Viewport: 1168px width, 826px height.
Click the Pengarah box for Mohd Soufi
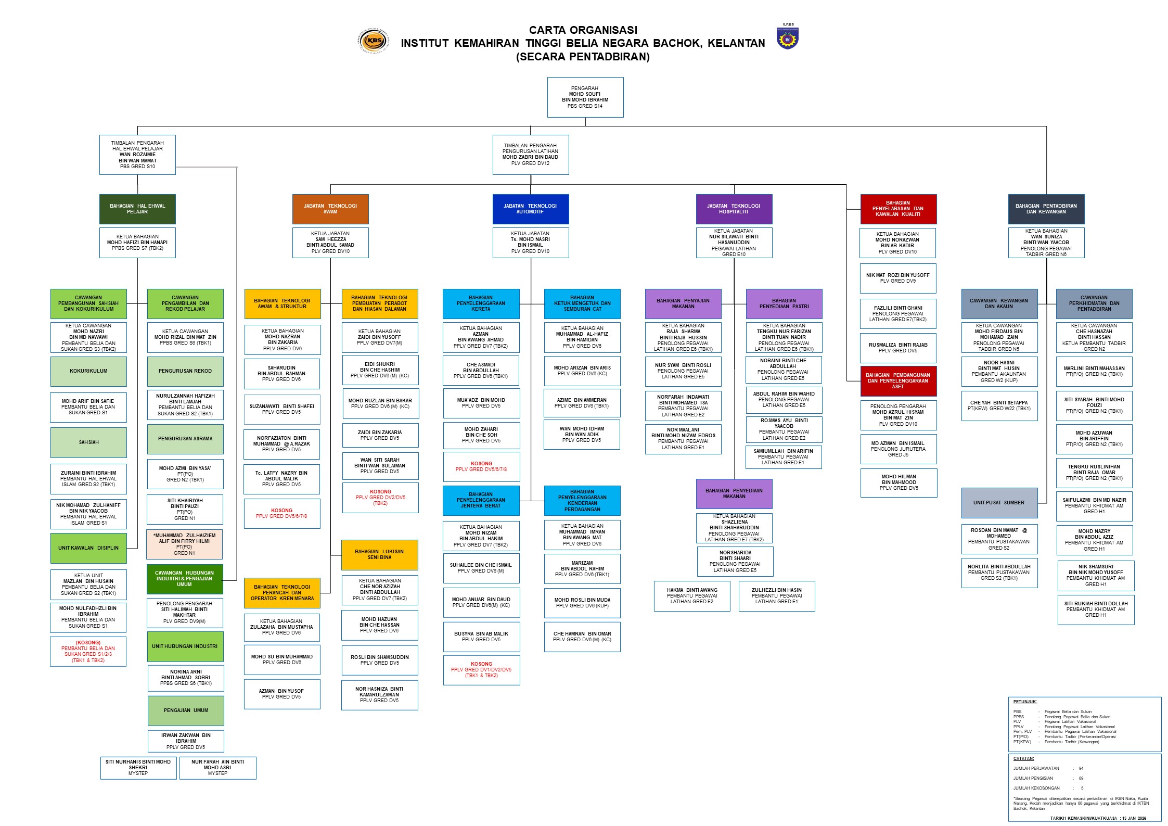click(x=585, y=97)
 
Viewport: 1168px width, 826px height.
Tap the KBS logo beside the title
click(x=373, y=40)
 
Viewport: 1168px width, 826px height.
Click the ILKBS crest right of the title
click(x=788, y=38)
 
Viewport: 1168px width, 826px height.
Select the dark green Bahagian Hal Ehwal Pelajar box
click(x=137, y=209)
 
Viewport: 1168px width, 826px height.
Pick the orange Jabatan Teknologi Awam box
click(x=330, y=209)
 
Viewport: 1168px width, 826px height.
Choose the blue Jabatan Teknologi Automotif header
click(x=530, y=209)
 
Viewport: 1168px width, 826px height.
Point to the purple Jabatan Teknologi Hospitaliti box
click(x=734, y=209)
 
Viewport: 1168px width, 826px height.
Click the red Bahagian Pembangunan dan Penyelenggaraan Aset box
click(x=898, y=381)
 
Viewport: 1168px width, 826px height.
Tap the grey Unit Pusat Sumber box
click(x=999, y=503)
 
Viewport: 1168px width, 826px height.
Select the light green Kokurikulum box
click(x=88, y=371)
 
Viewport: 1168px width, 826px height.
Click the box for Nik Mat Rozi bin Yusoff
click(x=898, y=278)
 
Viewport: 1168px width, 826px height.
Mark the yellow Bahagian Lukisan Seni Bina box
click(x=379, y=554)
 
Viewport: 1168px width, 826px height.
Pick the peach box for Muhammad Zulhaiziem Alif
click(x=185, y=544)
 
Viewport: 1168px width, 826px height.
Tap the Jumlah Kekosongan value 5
click(x=1082, y=788)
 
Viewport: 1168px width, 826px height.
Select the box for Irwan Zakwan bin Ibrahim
click(x=186, y=741)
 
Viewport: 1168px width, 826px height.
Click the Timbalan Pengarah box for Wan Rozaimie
click(x=137, y=155)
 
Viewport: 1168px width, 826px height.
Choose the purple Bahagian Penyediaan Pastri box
click(x=784, y=303)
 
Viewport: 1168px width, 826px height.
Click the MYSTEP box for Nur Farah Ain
click(x=217, y=768)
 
